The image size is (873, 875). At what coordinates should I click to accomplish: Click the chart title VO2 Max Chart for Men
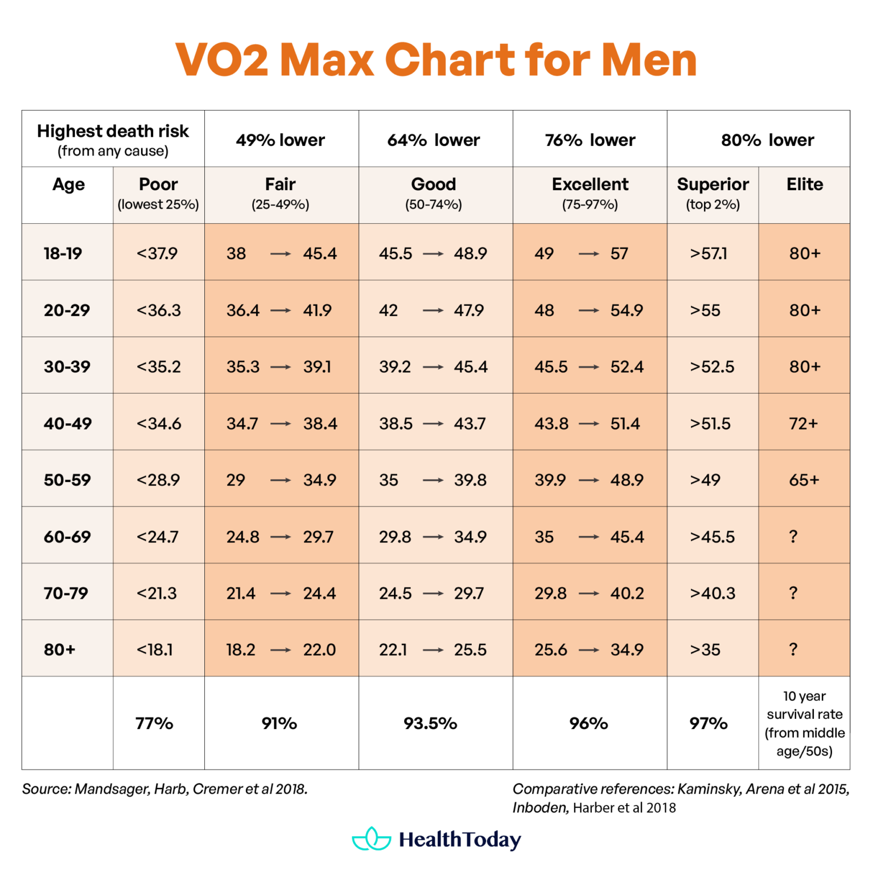[x=436, y=60]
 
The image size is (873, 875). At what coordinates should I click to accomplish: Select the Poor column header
[x=158, y=185]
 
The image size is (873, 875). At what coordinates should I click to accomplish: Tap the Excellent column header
[x=590, y=185]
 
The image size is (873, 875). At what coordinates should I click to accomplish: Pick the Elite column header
[x=805, y=185]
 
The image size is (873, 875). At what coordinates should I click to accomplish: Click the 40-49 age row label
[x=68, y=424]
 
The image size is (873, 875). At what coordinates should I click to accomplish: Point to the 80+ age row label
[x=60, y=650]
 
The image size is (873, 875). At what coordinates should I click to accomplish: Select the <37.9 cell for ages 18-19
[x=157, y=253]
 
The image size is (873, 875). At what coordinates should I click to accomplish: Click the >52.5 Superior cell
[x=712, y=367]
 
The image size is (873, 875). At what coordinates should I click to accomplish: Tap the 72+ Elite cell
[x=804, y=424]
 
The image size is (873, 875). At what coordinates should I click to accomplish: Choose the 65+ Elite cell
[x=804, y=480]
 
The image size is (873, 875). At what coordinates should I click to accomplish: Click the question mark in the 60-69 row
[x=793, y=537]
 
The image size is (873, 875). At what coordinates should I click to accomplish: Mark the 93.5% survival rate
[x=430, y=723]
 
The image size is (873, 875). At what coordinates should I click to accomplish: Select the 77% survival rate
[x=154, y=723]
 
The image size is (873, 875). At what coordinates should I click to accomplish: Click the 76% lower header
[x=590, y=140]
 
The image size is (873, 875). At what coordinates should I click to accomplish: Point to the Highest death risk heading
[x=113, y=132]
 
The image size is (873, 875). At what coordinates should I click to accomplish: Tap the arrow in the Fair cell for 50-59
[x=281, y=481]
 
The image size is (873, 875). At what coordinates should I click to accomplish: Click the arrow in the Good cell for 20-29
[x=433, y=310]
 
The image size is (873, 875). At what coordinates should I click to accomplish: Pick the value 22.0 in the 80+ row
[x=319, y=650]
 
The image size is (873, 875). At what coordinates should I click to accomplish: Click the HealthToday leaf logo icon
[x=372, y=839]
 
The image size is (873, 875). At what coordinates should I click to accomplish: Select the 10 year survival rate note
[x=804, y=723]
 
